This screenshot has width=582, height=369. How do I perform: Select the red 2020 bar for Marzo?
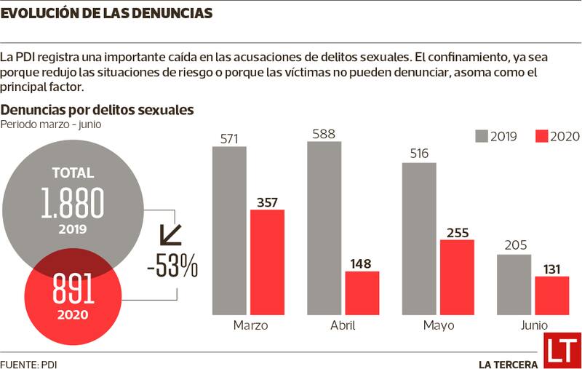point(267,262)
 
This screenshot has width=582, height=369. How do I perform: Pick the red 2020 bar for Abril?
point(362,293)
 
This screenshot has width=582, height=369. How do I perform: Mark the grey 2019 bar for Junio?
point(514,285)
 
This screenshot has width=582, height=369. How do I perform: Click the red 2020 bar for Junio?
point(551,295)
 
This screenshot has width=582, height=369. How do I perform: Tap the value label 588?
point(324,134)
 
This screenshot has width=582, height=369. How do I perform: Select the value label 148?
point(362,263)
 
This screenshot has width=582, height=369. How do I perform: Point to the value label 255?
point(457,233)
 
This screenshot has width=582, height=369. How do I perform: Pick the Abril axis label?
point(343,325)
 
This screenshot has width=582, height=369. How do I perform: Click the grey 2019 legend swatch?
point(481,136)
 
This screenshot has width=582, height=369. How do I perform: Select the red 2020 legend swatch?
point(541,136)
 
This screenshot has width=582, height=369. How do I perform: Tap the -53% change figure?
point(172,267)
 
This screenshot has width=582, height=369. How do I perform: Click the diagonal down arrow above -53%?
point(171,235)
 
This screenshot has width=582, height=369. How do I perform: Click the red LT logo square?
point(562,351)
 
